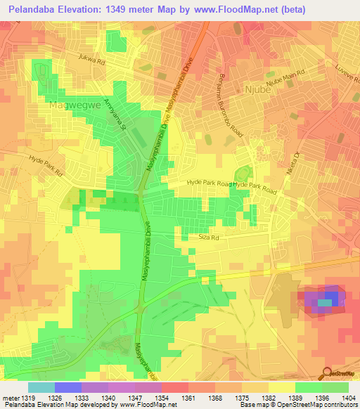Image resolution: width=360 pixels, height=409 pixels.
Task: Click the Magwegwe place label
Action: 71,105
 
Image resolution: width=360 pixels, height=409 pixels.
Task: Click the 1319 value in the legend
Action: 24,398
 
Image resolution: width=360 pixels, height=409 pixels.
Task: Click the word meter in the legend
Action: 8,398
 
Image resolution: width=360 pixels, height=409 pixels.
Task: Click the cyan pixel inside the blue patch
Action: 324,303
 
